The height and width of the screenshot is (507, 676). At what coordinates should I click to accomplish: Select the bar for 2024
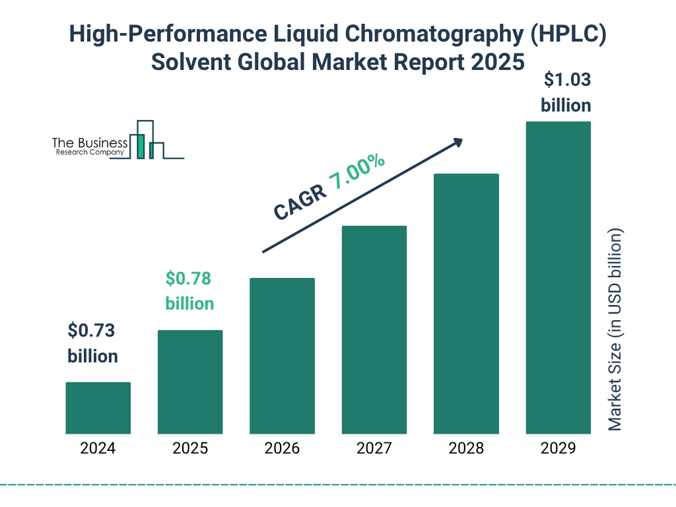point(98,408)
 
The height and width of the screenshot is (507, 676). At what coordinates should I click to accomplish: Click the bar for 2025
point(190,382)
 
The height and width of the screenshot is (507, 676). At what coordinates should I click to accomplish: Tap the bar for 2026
point(282,356)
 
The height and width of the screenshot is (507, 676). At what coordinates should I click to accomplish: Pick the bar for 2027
point(374,329)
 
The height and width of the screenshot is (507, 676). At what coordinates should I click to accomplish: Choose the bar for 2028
point(466,304)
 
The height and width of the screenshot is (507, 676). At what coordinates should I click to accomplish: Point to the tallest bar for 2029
point(558,277)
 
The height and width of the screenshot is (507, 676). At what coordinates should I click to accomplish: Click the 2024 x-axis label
point(98,449)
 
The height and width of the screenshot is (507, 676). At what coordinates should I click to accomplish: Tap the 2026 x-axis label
point(282,449)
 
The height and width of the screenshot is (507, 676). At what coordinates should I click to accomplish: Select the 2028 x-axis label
point(466,449)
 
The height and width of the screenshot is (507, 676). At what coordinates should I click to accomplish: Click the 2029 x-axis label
point(558,449)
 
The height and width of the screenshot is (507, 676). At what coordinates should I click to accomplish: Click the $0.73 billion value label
point(92,343)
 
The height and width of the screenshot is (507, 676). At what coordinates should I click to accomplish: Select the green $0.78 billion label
point(189,291)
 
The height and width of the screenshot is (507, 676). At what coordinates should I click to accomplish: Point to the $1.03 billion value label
point(566,92)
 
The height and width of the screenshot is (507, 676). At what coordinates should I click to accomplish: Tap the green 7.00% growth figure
point(358,172)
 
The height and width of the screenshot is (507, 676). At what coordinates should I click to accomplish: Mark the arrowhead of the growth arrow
point(457,141)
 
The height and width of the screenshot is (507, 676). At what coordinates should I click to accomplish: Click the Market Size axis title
point(615,330)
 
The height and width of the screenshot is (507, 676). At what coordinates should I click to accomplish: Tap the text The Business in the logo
point(90,143)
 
